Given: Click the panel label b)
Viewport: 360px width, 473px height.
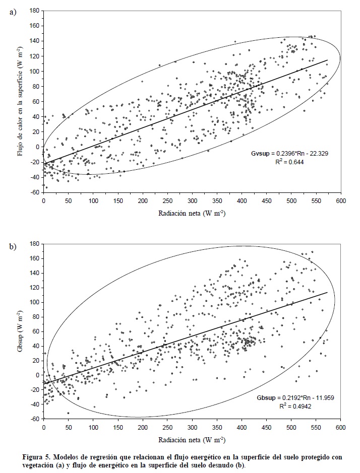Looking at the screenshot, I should click(14, 246).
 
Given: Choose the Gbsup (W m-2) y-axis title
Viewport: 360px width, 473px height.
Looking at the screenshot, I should click(21, 331).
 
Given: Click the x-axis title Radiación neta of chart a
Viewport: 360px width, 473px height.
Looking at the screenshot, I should click(192, 214).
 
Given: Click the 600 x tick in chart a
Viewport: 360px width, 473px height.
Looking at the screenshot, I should click(341, 201).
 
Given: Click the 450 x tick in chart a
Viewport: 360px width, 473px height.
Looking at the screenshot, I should click(266, 201).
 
